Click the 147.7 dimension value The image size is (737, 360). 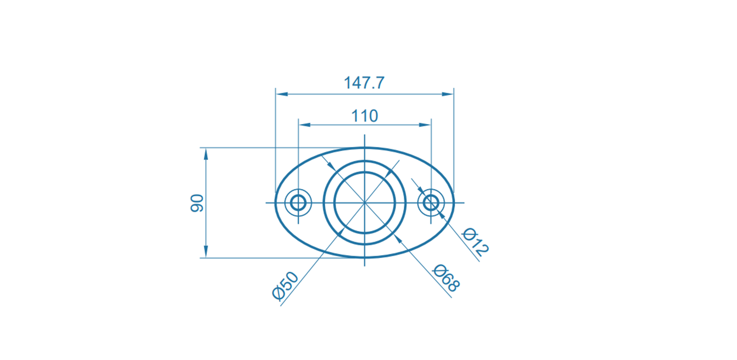(364, 83)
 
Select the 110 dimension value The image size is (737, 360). (364, 116)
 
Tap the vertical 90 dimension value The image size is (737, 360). (197, 203)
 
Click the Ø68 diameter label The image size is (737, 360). (446, 278)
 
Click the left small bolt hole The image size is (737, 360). (298, 202)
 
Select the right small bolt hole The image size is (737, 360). (431, 202)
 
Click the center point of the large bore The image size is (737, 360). (364, 202)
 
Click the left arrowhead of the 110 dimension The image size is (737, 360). (304, 125)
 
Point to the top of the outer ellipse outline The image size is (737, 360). (364, 148)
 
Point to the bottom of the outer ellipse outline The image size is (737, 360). (364, 257)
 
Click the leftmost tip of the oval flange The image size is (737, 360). (275, 202)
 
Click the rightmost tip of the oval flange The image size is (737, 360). (454, 202)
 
